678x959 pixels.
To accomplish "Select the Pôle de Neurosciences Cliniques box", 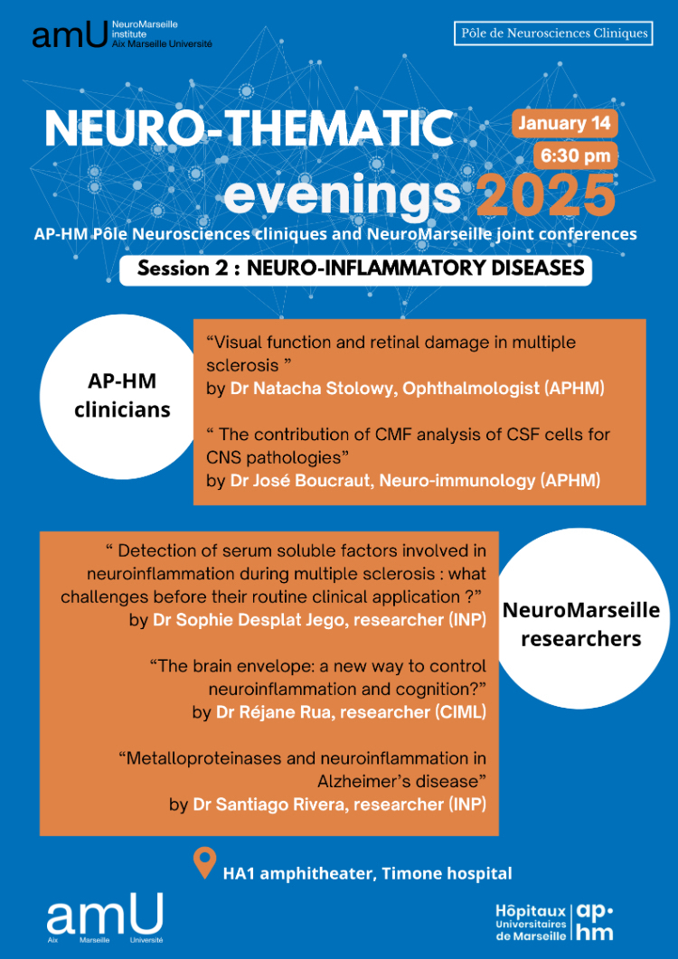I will pyautogui.click(x=553, y=33).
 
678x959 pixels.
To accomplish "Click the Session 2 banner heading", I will pyautogui.click(x=355, y=269).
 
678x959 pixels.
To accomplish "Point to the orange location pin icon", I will pyautogui.click(x=205, y=863).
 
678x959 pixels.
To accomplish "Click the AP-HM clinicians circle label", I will pyautogui.click(x=129, y=395).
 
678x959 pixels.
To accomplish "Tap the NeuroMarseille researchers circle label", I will pyautogui.click(x=580, y=624).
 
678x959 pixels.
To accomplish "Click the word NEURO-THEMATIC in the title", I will pyautogui.click(x=249, y=128).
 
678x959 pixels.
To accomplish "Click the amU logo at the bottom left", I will pyautogui.click(x=105, y=916).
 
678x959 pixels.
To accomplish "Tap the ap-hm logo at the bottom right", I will pyautogui.click(x=594, y=921).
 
